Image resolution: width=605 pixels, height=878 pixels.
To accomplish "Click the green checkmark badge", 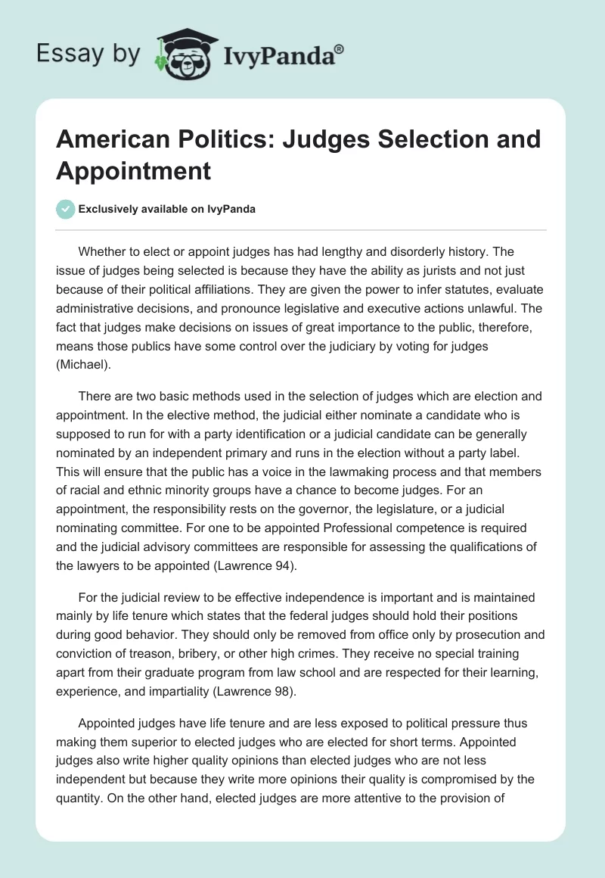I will click(66, 209).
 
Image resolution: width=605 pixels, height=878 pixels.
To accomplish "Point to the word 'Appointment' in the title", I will click(133, 170).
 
